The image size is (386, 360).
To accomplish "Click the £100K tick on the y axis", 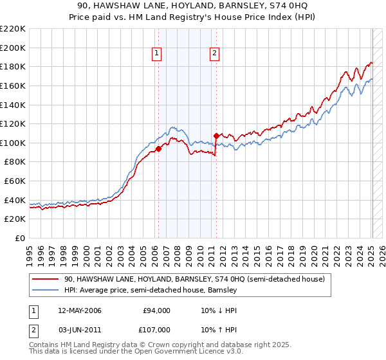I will (13, 143).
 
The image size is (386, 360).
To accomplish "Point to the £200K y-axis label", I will (13, 48).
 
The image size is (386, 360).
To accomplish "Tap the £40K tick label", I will (15, 200).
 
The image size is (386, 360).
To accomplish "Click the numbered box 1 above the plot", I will (158, 54).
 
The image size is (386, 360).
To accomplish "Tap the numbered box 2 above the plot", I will (214, 54).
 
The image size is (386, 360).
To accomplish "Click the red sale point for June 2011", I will (216, 136).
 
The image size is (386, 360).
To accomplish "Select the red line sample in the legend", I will (44, 280).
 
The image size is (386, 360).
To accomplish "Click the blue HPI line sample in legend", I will (44, 291).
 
